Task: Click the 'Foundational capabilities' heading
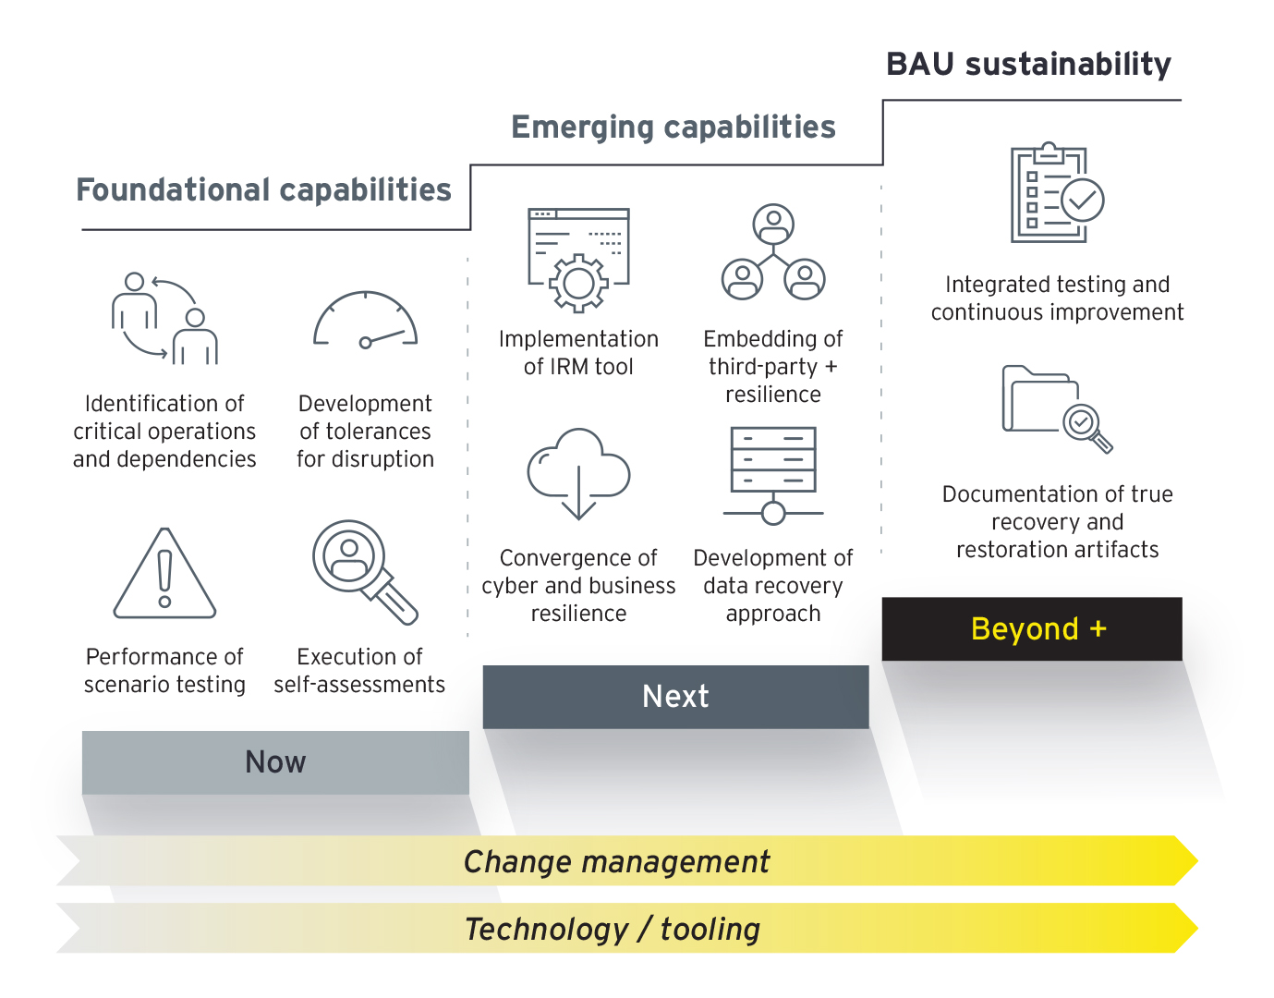point(264,190)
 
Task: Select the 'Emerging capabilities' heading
point(673,128)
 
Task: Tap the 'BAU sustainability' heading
point(1028,65)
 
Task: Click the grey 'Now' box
point(275,762)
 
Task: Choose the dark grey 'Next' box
point(676,697)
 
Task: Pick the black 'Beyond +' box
point(1032,628)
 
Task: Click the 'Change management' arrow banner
point(627,861)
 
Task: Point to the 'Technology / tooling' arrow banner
point(627,928)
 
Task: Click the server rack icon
point(773,476)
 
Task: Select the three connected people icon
point(773,251)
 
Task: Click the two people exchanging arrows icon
point(164,319)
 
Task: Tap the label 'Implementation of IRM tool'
point(578,353)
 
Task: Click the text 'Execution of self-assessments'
point(359,671)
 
